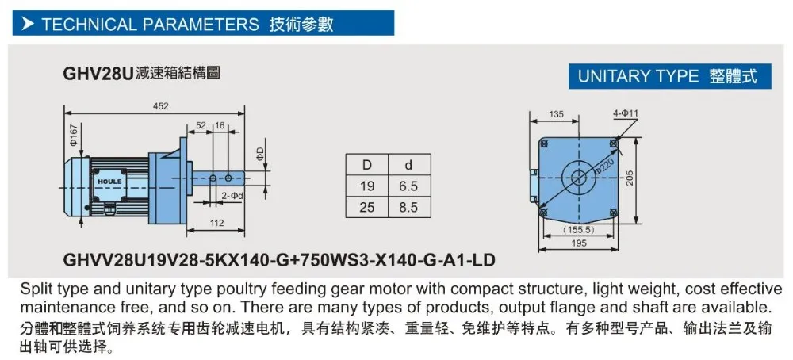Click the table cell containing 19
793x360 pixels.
(367, 186)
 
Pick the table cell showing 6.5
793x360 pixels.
(408, 186)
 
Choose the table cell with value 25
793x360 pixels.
(367, 208)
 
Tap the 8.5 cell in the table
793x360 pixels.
(408, 208)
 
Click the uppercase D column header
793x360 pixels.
(367, 164)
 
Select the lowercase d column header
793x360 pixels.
(408, 164)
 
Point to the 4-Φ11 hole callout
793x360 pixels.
(625, 114)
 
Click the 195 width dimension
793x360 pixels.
(578, 244)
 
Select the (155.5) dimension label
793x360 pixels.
(578, 229)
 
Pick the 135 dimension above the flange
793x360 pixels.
(557, 115)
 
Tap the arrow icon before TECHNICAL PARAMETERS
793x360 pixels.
(28, 24)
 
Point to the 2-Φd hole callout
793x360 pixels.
(232, 194)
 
